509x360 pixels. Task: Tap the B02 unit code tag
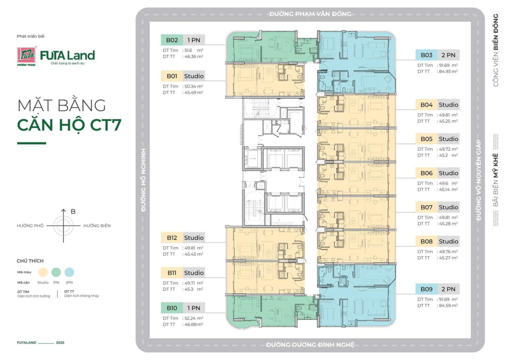tap(172, 40)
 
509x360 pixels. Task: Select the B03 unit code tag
tap(426, 55)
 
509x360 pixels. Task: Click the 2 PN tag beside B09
tap(448, 289)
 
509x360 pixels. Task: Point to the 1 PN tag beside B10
tap(194, 308)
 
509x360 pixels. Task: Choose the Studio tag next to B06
tap(448, 173)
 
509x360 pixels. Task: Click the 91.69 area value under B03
tap(444, 65)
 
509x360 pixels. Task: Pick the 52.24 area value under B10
tap(190, 318)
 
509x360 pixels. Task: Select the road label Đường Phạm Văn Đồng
tap(310, 14)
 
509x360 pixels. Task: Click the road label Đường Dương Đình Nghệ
tap(310, 345)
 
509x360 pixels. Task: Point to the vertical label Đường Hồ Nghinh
tap(143, 180)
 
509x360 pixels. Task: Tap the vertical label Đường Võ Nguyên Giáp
tap(478, 180)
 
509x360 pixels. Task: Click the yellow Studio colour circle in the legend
tap(43, 272)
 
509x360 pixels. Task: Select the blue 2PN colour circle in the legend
tap(69, 272)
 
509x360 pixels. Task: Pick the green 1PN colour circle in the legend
tap(56, 272)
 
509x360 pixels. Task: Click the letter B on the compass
tap(73, 212)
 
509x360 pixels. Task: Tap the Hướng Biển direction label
tap(97, 226)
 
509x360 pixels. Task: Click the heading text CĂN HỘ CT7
tap(69, 125)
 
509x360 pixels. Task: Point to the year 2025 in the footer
tap(60, 343)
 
